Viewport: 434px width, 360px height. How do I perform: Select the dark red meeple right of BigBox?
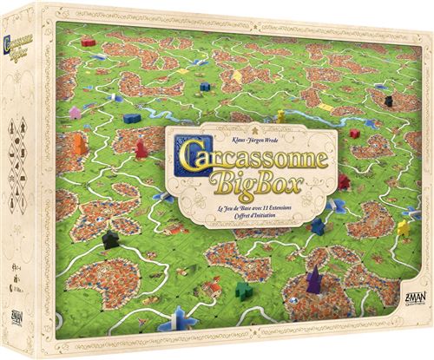pyautogui.click(x=345, y=180)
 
